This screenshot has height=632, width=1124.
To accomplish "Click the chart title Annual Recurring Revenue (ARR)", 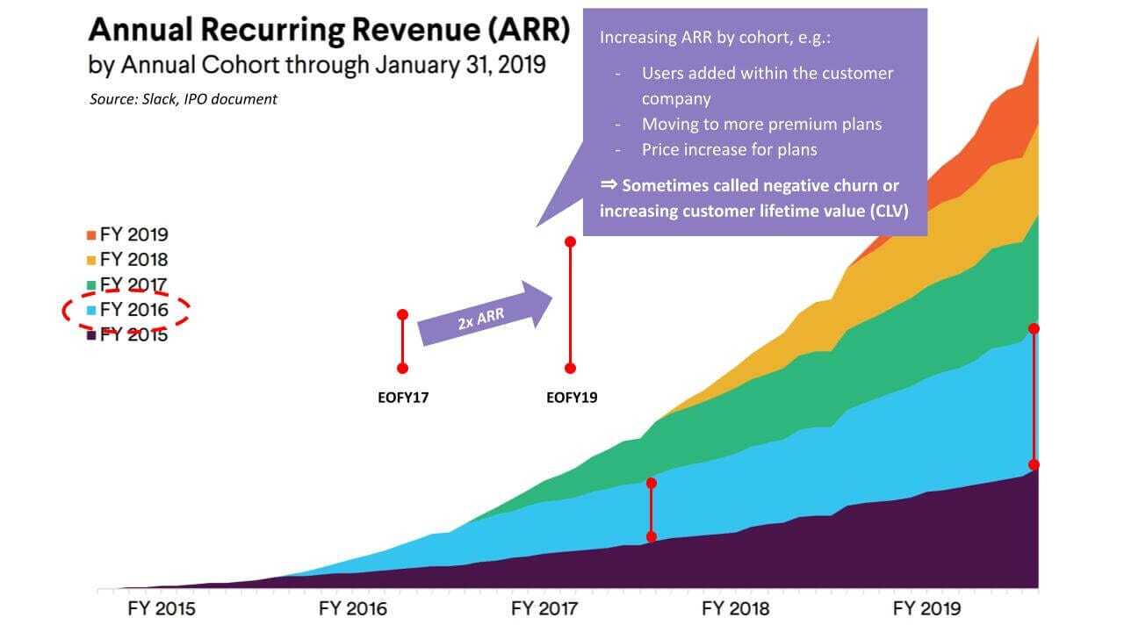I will pyautogui.click(x=328, y=31).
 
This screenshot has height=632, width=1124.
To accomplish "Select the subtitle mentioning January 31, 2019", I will pyautogui.click(x=316, y=65).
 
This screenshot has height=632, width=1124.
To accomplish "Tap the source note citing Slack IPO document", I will pyautogui.click(x=183, y=99).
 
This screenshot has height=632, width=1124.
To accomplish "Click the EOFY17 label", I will pyautogui.click(x=402, y=398).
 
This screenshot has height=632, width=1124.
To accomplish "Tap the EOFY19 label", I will pyautogui.click(x=571, y=398).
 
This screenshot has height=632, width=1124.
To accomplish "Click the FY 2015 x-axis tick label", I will pyautogui.click(x=162, y=609).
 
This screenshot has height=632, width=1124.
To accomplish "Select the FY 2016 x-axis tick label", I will pyautogui.click(x=353, y=609).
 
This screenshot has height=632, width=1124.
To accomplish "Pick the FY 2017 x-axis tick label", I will pyautogui.click(x=544, y=609).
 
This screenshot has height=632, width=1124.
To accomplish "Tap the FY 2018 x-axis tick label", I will pyautogui.click(x=736, y=609).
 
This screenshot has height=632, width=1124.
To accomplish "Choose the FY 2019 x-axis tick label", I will pyautogui.click(x=927, y=609).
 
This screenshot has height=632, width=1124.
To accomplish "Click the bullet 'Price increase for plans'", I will pyautogui.click(x=729, y=149).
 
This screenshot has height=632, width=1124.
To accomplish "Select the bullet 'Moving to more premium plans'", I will pyautogui.click(x=761, y=124).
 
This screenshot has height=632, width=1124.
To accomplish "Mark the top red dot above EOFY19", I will pyautogui.click(x=570, y=241).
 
